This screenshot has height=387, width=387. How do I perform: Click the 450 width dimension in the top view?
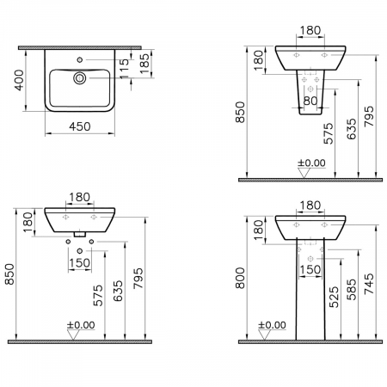pyautogui.click(x=80, y=126)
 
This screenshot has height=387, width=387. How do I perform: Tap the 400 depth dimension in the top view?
pyautogui.click(x=20, y=80)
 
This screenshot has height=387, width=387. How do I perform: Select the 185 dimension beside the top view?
pyautogui.click(x=145, y=64)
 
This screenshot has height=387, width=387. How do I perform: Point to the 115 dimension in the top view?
pyautogui.click(x=125, y=69)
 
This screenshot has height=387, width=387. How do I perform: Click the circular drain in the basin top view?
pyautogui.click(x=80, y=77)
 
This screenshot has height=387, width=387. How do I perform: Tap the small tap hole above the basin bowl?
pyautogui.click(x=80, y=59)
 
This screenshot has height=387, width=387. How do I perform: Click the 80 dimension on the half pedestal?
pyautogui.click(x=310, y=101)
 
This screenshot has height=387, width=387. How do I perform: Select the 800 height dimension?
pyautogui.click(x=240, y=278)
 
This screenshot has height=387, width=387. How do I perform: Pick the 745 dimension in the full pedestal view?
pyautogui.click(x=369, y=284)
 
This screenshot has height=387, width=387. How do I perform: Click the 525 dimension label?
pyautogui.click(x=334, y=298)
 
